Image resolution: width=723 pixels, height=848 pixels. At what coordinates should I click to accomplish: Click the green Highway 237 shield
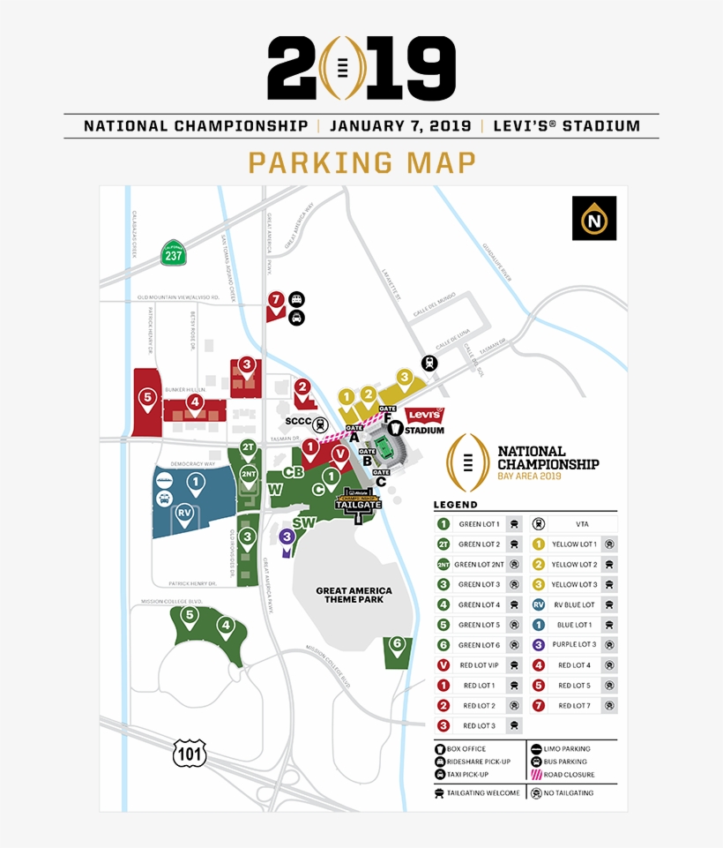coord(173,253)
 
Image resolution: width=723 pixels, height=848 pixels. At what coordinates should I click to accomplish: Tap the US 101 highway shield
coord(189,752)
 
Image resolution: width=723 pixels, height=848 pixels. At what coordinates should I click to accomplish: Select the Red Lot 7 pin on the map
coord(277,301)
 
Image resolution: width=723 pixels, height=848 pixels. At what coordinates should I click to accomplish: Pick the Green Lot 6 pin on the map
coord(398,645)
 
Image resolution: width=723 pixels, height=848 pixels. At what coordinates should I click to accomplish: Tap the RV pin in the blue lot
coord(184,514)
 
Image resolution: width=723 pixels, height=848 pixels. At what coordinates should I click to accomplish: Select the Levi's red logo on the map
coord(424,416)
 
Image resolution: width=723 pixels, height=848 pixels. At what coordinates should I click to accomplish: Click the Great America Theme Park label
coord(354,595)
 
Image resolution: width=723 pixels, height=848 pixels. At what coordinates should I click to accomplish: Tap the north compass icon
coord(593,218)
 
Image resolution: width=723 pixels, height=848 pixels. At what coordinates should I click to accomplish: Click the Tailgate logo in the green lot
coord(359,501)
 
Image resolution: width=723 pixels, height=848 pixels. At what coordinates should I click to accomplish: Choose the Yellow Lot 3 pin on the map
coord(405,379)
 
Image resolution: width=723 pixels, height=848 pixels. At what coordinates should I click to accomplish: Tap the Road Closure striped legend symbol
coord(536,775)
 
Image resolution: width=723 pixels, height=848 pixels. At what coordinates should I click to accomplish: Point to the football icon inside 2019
coord(340,68)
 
